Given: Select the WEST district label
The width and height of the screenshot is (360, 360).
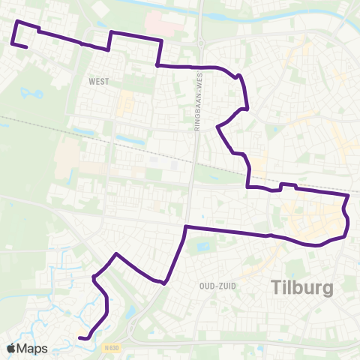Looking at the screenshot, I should coord(98,81).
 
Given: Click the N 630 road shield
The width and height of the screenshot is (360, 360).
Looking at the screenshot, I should coord(112,348).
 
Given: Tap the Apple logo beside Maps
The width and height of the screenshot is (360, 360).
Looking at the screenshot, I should coord(10,349).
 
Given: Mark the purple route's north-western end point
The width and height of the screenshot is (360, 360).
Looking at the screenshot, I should coord(27,48).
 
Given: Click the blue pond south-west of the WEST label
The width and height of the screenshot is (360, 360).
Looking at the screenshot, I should coord(33,94).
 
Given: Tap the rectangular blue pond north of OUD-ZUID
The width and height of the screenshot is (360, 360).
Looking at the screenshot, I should coord(200,245).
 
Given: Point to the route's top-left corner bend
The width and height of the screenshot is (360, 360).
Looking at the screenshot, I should coord(17,23).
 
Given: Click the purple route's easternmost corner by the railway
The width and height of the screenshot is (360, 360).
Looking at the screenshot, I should coord(349,196).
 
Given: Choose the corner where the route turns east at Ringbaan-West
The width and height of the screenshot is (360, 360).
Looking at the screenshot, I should coord(185,226).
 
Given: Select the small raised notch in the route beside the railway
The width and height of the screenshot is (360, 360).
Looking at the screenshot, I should coord(289,184).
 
